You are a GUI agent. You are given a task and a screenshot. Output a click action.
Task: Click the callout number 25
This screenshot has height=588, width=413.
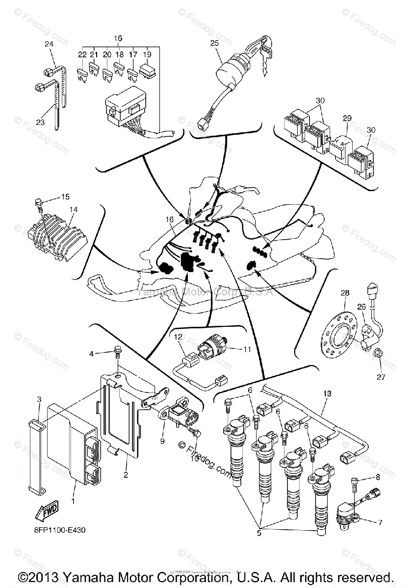214,43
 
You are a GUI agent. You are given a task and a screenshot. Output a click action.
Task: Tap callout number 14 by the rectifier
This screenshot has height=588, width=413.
74,209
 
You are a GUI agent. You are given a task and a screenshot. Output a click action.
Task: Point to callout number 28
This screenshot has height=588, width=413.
345,293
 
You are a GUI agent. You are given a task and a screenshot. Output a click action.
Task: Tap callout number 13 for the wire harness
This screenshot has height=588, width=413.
327,393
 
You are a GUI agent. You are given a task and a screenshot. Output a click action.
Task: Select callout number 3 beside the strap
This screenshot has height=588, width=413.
40,400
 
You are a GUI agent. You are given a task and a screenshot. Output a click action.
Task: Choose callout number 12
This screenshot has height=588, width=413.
178,337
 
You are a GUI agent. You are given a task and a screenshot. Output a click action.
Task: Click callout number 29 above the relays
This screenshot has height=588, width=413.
347,119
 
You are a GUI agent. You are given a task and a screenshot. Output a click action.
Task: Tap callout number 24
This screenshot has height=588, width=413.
49,44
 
